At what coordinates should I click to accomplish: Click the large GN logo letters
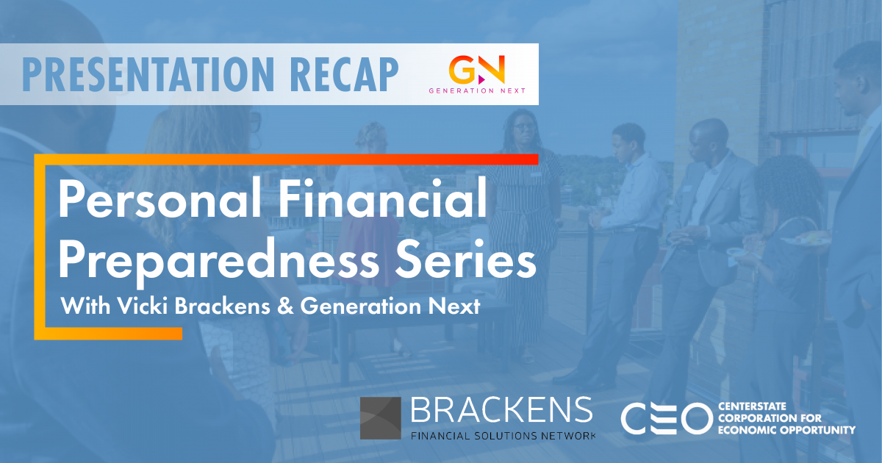(477, 70)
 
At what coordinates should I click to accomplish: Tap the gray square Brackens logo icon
(380, 418)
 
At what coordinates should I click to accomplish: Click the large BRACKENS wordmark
(502, 411)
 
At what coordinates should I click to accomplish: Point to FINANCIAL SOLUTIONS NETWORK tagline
(503, 435)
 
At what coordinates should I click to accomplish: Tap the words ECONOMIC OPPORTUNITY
(786, 430)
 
